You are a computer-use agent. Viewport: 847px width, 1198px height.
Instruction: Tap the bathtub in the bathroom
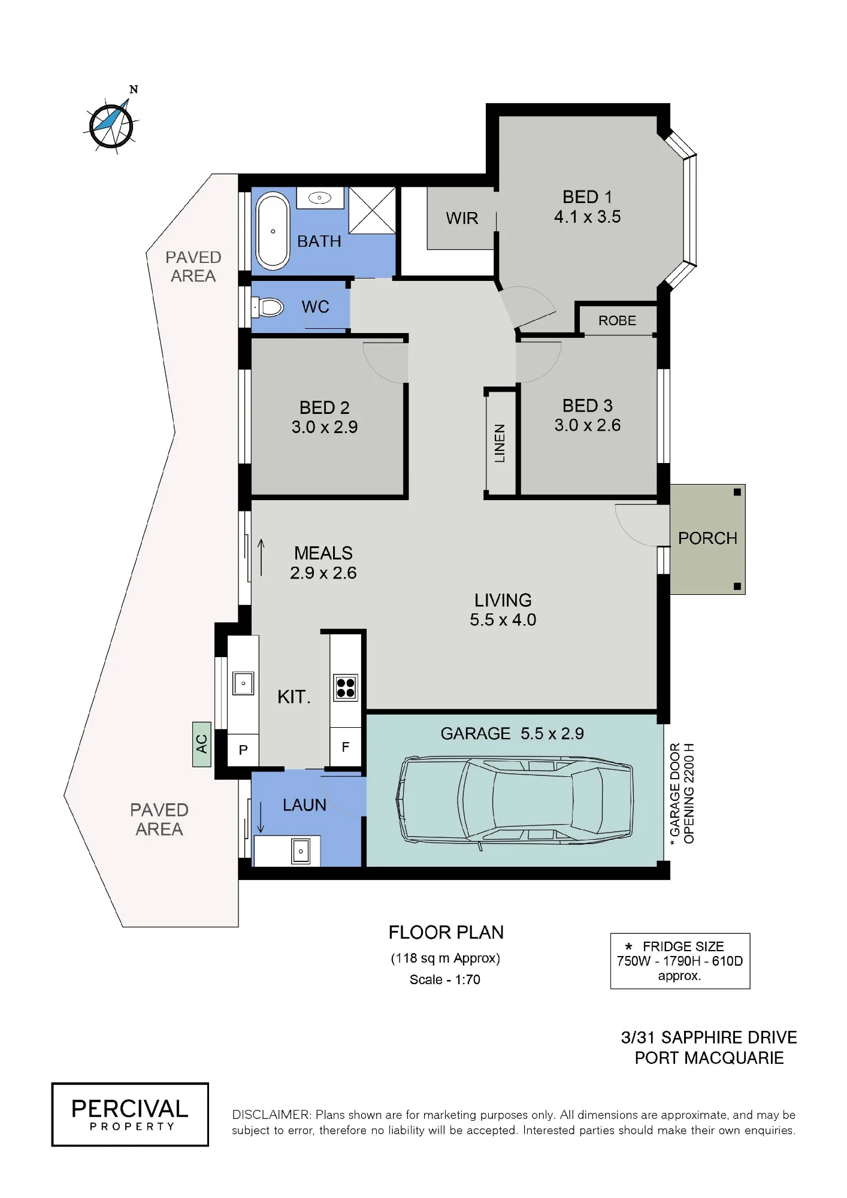point(273,231)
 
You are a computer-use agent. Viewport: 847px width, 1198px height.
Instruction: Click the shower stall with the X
point(372,210)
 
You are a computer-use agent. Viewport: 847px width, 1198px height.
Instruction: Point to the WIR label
point(462,218)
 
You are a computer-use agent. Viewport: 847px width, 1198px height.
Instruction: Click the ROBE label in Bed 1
point(617,320)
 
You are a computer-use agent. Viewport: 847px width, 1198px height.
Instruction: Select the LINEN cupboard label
point(500,443)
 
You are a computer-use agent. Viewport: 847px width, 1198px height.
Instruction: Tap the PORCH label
point(707,538)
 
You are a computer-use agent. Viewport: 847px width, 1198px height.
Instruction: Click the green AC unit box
point(202,744)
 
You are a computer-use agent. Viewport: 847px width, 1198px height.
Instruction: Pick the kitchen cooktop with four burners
point(346,688)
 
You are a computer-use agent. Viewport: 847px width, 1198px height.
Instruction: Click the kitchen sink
point(243,683)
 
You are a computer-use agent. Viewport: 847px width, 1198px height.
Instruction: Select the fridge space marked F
point(346,746)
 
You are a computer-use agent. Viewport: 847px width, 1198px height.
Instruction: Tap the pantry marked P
point(243,750)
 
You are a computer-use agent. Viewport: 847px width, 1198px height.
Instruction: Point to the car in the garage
point(514,800)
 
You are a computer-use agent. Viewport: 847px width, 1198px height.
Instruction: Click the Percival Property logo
point(130,1114)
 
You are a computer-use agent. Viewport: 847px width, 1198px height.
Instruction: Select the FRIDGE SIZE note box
point(680,961)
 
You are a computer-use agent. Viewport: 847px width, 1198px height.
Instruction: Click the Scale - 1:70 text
point(445,979)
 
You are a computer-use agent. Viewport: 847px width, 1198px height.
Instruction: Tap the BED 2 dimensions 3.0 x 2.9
point(325,427)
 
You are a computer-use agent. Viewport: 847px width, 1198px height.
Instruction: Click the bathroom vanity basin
point(320,198)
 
